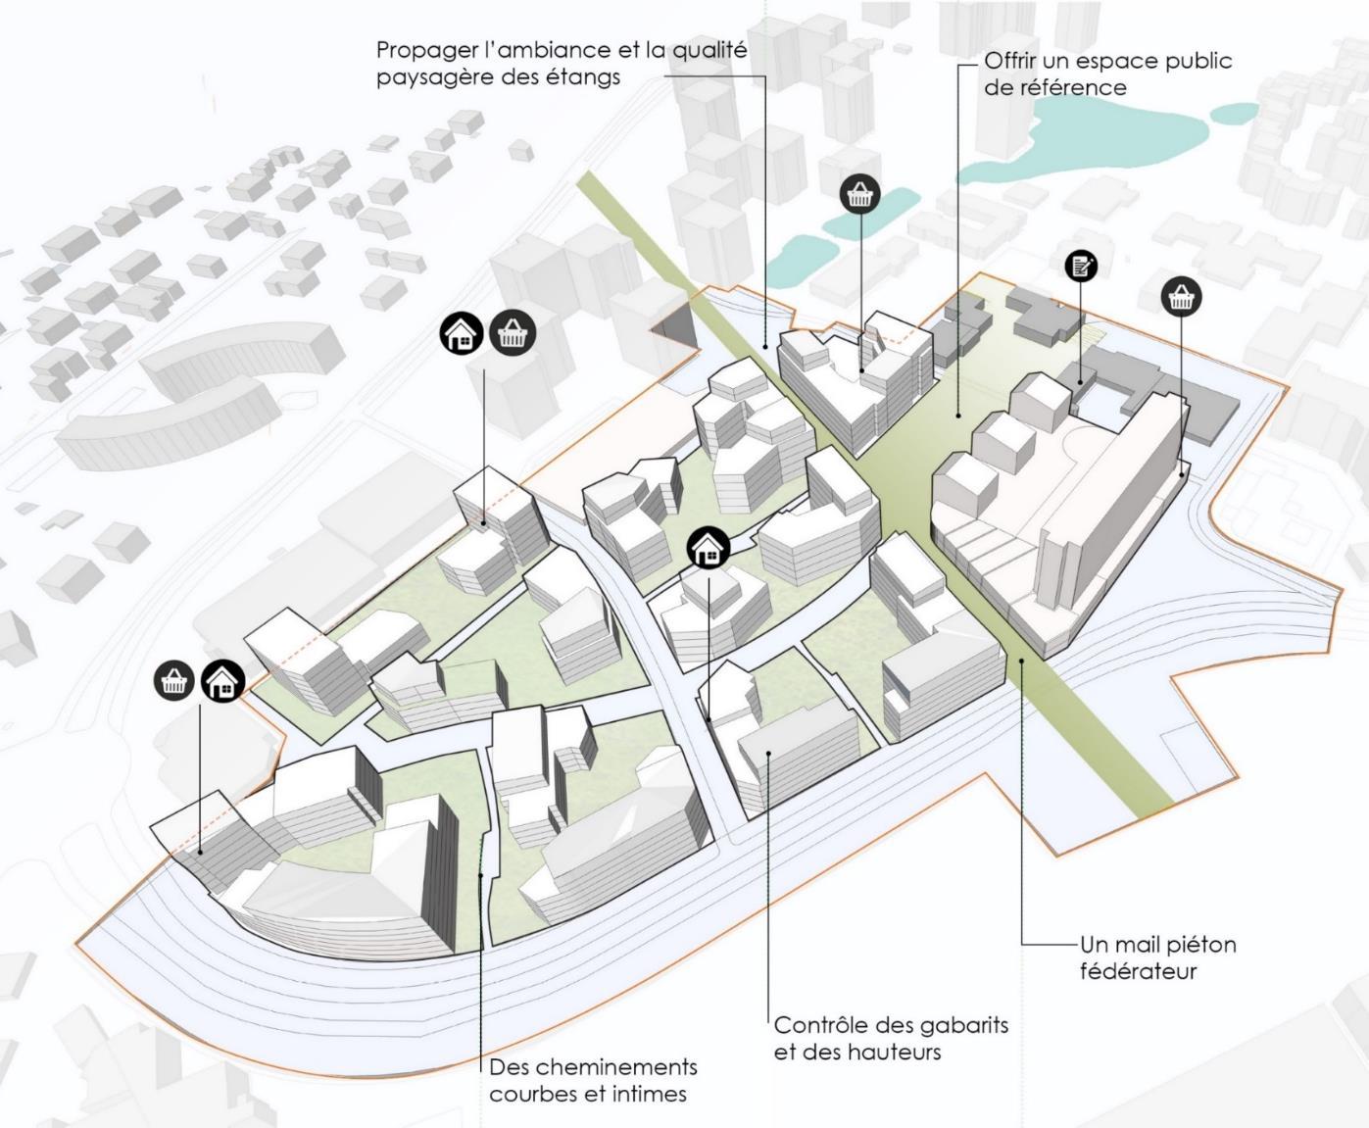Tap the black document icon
1081,265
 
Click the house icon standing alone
709,548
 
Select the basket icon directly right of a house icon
512,333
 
